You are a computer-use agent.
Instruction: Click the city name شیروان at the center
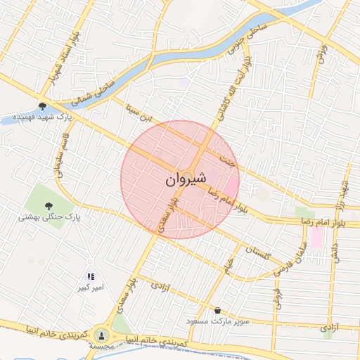[x=186, y=180]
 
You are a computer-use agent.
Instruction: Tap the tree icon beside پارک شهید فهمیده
[x=43, y=106]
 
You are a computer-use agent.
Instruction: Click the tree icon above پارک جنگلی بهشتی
[x=49, y=206]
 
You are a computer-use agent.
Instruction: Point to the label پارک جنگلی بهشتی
[x=49, y=217]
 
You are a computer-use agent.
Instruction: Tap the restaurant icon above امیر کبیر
[x=91, y=276]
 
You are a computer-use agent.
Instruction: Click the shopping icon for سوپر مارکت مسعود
[x=217, y=310]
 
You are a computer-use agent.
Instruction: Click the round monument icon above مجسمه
[x=103, y=335]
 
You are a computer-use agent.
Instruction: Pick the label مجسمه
[x=103, y=347]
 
